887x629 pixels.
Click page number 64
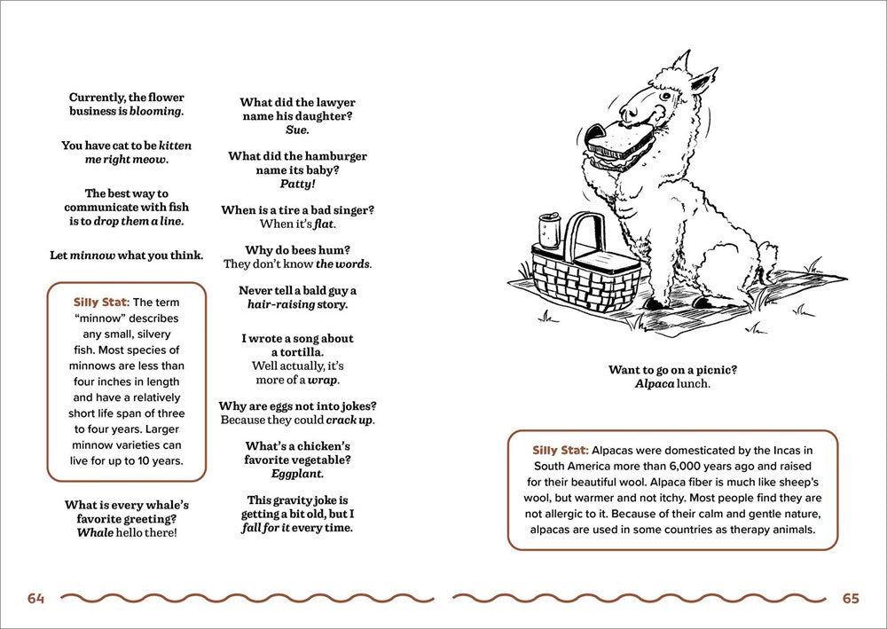coord(35,599)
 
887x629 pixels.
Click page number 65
coord(851,599)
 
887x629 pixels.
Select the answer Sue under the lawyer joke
coord(297,130)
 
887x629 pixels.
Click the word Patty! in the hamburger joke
coord(297,185)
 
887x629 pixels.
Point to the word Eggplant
coord(297,475)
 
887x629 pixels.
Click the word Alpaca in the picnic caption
coord(655,384)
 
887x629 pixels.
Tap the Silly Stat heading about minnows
coord(101,303)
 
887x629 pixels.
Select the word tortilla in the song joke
coord(297,352)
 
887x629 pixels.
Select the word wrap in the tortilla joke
coord(323,380)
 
